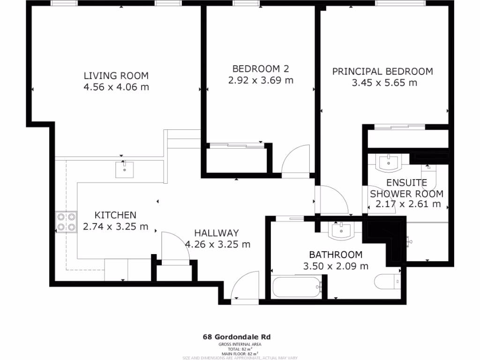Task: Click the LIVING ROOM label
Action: pos(116,75)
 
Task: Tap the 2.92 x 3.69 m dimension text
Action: pos(261,80)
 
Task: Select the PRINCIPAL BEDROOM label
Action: pos(382,71)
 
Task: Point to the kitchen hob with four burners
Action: pos(66,222)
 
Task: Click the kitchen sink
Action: pos(124,169)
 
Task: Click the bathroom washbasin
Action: pos(342,230)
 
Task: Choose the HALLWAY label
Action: pos(217,233)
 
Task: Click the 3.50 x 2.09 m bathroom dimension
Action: pos(335,266)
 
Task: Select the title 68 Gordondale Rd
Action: pos(236,337)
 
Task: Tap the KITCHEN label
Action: pos(115,215)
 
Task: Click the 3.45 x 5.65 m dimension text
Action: pos(384,83)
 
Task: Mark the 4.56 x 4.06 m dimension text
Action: pos(116,87)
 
